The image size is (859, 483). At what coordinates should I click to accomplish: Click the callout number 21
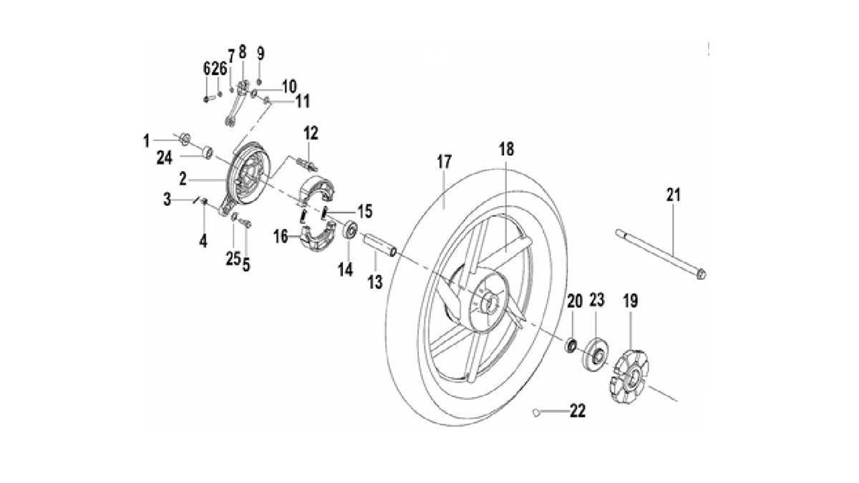pyautogui.click(x=673, y=195)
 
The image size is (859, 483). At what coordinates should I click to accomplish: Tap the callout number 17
pyautogui.click(x=445, y=163)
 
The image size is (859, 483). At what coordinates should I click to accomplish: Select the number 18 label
pyautogui.click(x=507, y=150)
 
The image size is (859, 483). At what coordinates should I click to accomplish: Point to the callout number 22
pyautogui.click(x=577, y=411)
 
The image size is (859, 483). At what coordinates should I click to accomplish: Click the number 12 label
pyautogui.click(x=310, y=133)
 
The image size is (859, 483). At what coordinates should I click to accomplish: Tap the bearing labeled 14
pyautogui.click(x=351, y=231)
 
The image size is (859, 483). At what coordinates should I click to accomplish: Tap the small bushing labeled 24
pyautogui.click(x=207, y=152)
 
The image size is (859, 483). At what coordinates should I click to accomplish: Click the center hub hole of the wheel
pyautogui.click(x=491, y=303)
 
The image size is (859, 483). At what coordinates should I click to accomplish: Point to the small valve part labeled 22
pyautogui.click(x=537, y=411)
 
